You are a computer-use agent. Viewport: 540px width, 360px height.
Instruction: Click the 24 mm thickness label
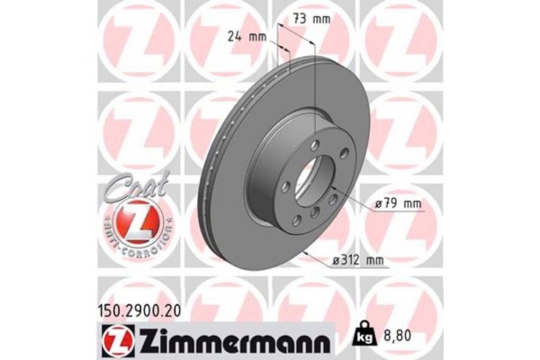[246, 37]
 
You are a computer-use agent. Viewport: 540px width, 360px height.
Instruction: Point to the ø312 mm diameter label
[358, 262]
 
